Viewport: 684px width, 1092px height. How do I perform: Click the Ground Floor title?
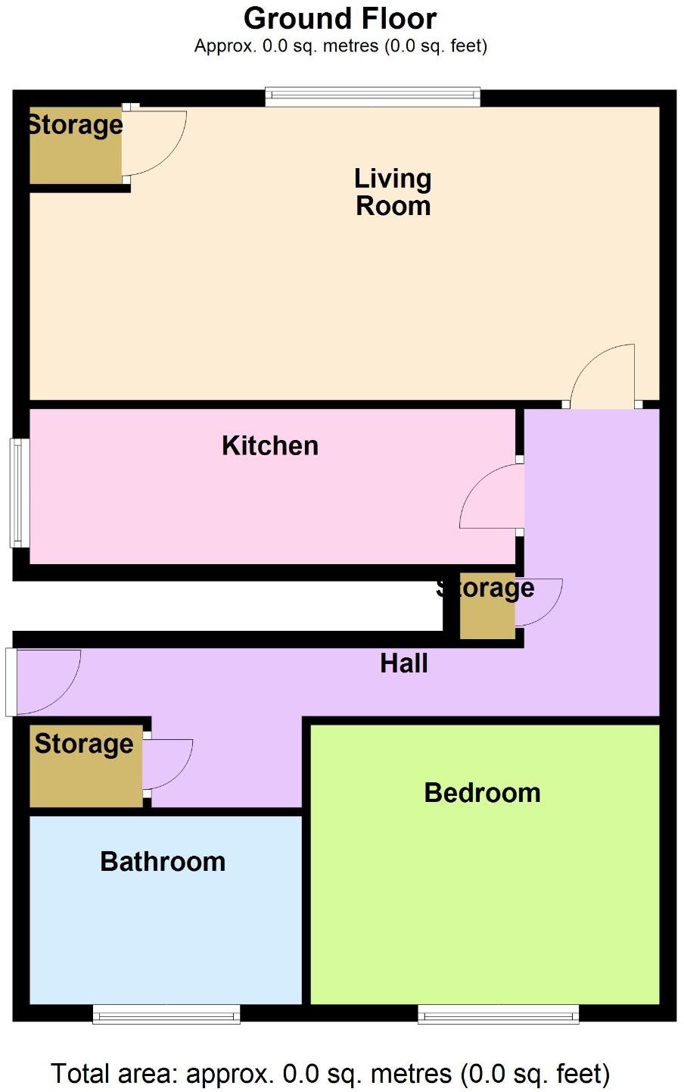click(x=340, y=18)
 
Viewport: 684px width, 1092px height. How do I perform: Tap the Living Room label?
click(x=393, y=192)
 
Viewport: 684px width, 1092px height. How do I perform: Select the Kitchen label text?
click(x=270, y=445)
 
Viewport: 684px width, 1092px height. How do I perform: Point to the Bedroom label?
click(x=482, y=793)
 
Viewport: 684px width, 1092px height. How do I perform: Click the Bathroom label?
click(x=163, y=862)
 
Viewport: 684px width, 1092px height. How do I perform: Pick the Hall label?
click(x=404, y=663)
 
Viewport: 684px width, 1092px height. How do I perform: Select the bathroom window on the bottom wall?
click(x=166, y=1014)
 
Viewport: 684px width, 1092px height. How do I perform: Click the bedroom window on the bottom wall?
click(x=499, y=1014)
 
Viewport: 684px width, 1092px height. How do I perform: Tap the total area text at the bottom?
click(x=330, y=1074)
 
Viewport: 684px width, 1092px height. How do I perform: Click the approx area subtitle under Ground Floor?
click(x=340, y=46)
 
